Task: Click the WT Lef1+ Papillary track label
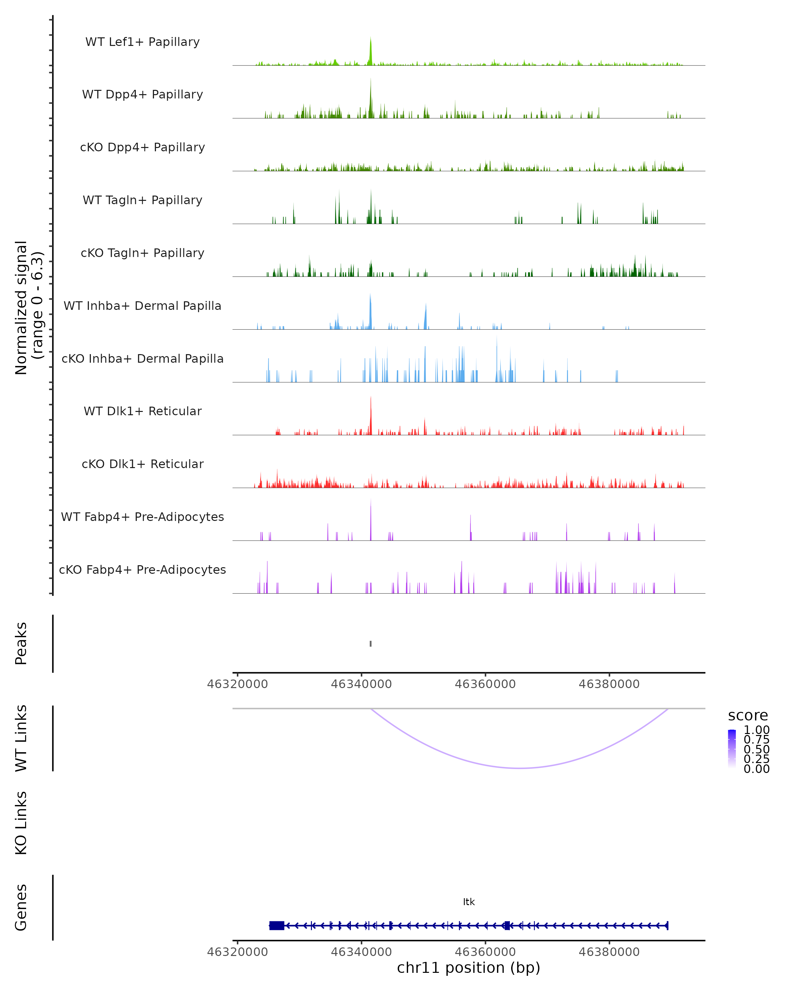(142, 42)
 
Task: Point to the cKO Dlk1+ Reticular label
(142, 464)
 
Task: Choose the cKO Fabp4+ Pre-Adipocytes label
(142, 569)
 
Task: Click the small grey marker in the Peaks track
(370, 643)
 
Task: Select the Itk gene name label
(469, 902)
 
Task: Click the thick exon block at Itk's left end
(276, 926)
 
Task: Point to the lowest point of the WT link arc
(519, 768)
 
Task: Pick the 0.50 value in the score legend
(756, 749)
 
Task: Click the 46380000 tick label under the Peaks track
(609, 684)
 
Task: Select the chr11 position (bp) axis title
(469, 968)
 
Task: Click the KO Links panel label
(21, 823)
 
